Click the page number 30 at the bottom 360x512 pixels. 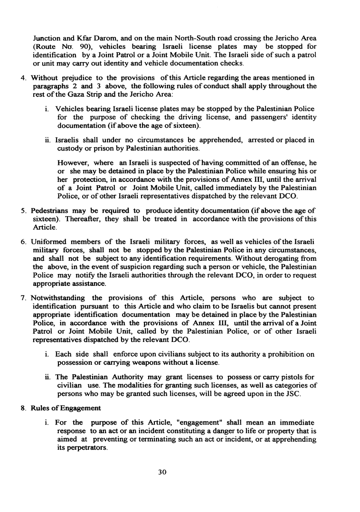pyautogui.click(x=180, y=472)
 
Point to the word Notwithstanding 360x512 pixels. pyautogui.click(x=58, y=298)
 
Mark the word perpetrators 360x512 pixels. pyautogui.click(x=76, y=448)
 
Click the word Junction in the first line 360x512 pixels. pyautogui.click(x=48, y=38)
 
